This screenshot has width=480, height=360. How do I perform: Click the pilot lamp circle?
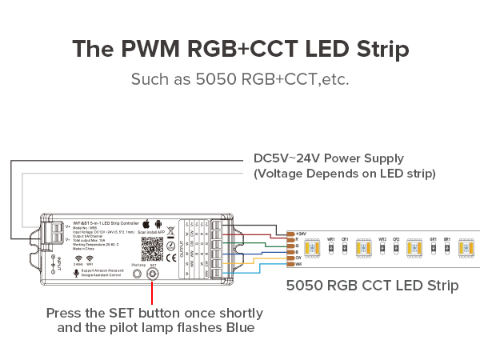click(136, 273)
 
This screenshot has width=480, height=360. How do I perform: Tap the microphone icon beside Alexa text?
click(76, 271)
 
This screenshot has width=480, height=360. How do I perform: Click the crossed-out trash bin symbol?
click(170, 233)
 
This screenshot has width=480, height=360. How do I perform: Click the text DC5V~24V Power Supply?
click(329, 158)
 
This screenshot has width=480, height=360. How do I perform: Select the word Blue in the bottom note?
click(238, 328)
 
